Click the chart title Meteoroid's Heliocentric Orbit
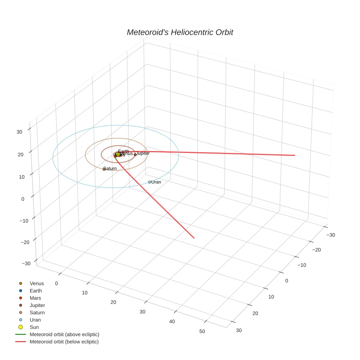180,33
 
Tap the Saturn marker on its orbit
104,169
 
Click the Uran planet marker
150,182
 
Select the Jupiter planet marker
135,155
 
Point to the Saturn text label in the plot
110,169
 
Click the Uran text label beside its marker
156,182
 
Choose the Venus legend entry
37,284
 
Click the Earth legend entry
36,291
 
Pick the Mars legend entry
35,298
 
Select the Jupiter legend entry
37,305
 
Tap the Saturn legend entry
37,313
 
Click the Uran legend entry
35,320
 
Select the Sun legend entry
34,327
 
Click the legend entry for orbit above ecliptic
64,334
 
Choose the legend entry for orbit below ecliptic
64,342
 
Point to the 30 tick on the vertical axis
20,132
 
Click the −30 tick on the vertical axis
26,264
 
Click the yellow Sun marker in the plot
118,155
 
